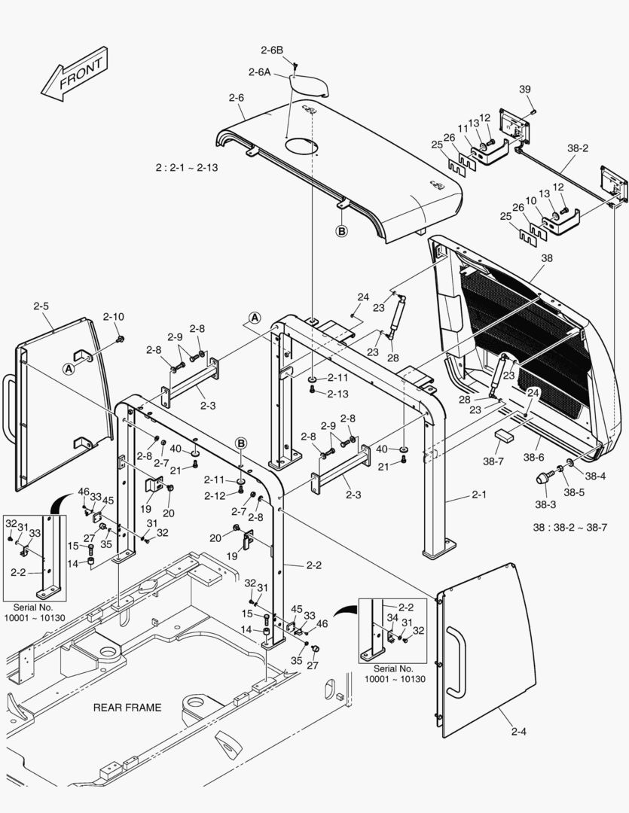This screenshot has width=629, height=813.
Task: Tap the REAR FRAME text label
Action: click(127, 708)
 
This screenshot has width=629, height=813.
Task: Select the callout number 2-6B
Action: click(271, 50)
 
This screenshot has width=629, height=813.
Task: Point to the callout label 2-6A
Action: click(258, 72)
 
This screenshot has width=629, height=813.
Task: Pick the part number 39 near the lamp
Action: click(525, 90)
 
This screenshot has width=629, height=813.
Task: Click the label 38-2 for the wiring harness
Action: click(578, 149)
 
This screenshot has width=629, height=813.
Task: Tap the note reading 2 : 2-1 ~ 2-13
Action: click(186, 167)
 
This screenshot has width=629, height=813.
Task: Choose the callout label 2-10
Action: click(113, 317)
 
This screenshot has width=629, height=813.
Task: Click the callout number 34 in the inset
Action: click(391, 617)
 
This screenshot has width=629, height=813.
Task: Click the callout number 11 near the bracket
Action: click(463, 129)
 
